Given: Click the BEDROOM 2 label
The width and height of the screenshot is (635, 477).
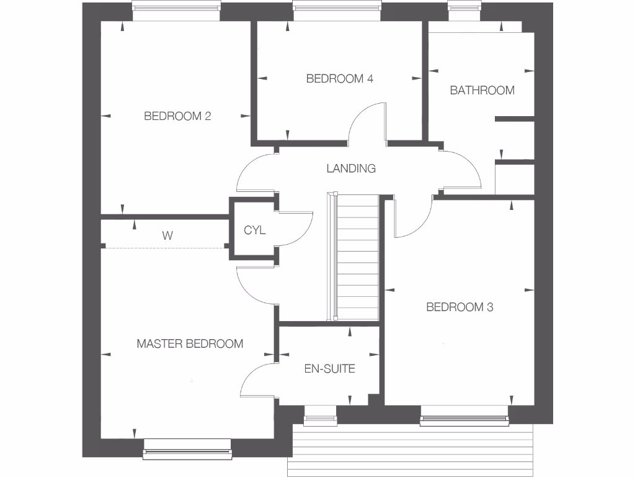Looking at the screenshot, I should [177, 116].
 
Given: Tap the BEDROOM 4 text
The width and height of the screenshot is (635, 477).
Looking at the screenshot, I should [339, 79].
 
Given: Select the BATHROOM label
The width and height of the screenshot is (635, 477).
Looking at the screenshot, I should [482, 91].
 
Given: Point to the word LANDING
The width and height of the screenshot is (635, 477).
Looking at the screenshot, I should [351, 168].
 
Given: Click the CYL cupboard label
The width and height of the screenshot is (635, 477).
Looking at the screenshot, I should [254, 230].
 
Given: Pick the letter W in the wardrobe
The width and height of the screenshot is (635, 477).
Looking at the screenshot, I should [167, 236].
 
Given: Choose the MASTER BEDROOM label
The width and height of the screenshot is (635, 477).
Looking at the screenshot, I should [190, 343].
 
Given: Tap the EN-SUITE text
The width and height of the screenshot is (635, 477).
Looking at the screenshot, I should [329, 369].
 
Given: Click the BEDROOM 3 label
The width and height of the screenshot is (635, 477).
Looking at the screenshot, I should [460, 307].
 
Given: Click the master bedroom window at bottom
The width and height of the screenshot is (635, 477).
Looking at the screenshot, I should [187, 449].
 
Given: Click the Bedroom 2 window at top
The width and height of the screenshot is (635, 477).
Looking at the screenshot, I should [177, 11].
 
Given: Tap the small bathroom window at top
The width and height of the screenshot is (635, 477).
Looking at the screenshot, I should [465, 7].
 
